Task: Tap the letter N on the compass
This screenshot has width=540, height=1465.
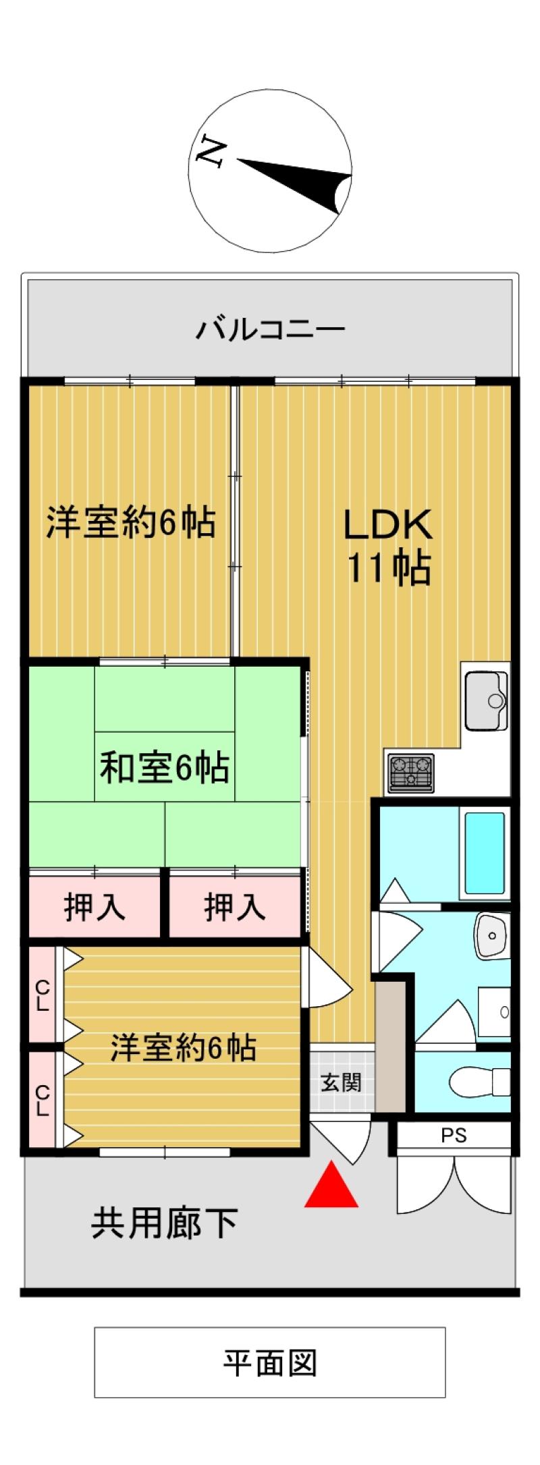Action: pos(210,152)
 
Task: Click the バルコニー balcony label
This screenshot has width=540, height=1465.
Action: pos(270,330)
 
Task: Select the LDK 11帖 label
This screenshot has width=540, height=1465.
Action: pos(388,546)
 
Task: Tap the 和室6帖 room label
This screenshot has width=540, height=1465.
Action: pos(165,767)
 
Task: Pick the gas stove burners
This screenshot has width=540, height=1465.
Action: pos(411,772)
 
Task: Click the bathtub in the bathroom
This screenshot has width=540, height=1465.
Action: pos(485,853)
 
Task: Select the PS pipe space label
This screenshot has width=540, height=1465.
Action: pos(454,1136)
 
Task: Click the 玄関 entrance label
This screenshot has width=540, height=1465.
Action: pos(341,1083)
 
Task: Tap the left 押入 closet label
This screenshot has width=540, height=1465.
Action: pos(94,906)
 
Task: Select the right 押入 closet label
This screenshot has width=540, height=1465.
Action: pos(235,906)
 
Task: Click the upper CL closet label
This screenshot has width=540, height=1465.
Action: pos(42,995)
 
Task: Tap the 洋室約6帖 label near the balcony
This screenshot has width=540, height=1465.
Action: pos(131,522)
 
